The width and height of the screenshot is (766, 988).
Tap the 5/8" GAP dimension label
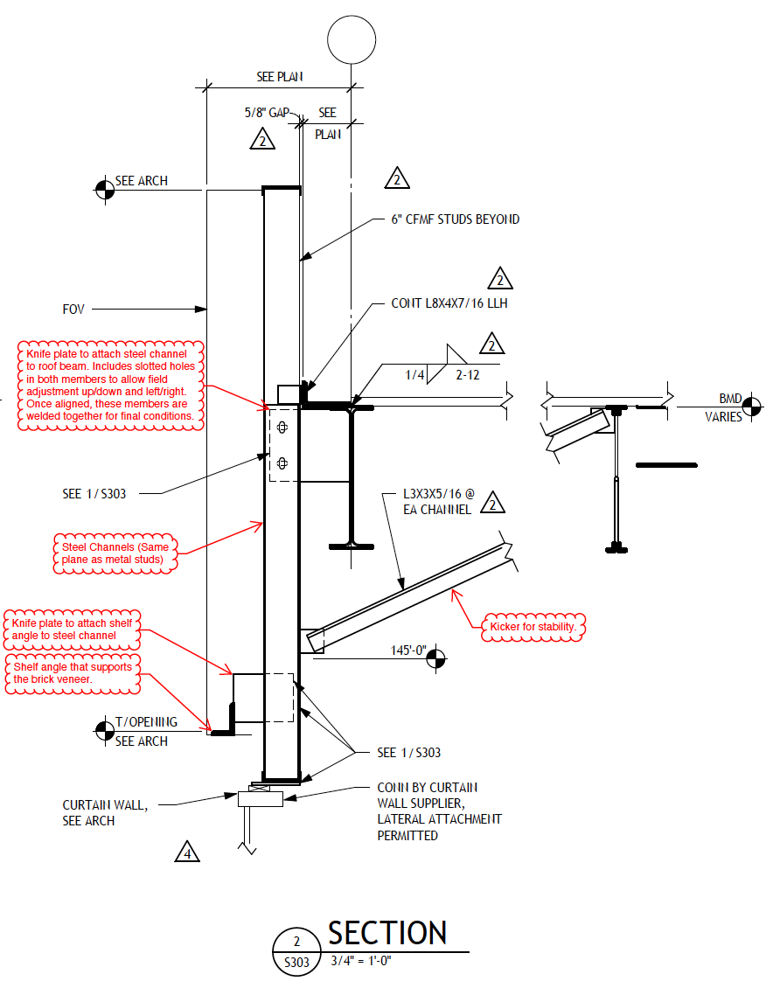[267, 113]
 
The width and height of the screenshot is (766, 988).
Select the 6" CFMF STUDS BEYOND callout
[456, 219]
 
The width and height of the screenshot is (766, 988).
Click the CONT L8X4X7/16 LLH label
[449, 303]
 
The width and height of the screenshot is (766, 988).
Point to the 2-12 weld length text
[468, 375]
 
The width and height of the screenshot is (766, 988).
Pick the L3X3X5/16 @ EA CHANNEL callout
[438, 502]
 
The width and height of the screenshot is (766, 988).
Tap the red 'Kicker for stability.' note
[533, 627]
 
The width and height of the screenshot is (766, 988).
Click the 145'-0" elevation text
[408, 651]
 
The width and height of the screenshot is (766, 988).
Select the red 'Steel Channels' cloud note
[115, 553]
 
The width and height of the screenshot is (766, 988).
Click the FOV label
[73, 310]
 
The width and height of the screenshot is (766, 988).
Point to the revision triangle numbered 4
[187, 852]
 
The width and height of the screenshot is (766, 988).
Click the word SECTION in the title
[387, 933]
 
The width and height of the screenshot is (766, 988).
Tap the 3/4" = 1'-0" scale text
[361, 961]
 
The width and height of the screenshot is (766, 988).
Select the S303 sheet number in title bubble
[296, 963]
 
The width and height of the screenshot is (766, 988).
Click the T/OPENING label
[146, 722]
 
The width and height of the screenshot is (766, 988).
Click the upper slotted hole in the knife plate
[282, 428]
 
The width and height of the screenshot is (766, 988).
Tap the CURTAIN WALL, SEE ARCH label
[105, 813]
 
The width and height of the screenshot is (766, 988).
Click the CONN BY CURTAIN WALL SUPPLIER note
[440, 811]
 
